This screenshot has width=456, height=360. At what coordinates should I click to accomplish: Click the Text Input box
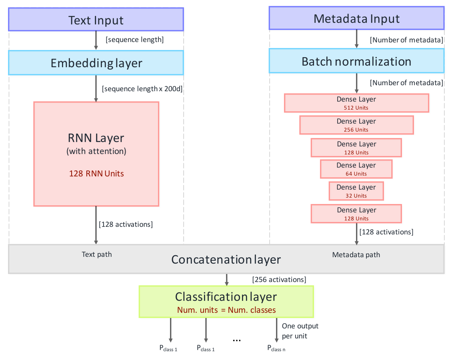96,20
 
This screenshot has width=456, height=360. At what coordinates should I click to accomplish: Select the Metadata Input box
356,18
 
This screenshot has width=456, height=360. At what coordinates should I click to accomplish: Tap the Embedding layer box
96,63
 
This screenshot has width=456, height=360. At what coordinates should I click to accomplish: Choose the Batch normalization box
356,61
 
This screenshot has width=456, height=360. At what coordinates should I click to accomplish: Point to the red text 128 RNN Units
96,174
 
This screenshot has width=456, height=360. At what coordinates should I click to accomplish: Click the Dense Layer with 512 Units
356,103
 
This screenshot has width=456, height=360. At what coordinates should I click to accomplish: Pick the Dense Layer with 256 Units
356,125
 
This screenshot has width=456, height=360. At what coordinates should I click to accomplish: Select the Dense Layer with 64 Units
356,169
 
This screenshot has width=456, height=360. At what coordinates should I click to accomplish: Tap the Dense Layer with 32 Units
356,191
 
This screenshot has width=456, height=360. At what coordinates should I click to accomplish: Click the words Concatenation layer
226,260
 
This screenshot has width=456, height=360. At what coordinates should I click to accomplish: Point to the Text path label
97,254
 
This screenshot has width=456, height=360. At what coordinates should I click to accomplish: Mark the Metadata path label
356,255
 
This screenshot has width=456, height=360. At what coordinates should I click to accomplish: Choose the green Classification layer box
226,302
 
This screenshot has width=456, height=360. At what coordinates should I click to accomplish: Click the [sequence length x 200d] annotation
142,89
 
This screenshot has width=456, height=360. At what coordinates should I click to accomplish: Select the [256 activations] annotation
279,280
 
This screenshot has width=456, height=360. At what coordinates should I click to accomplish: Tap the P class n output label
276,348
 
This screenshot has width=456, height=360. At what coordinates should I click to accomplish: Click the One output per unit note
300,331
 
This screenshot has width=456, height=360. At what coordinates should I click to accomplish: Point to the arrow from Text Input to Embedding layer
96,40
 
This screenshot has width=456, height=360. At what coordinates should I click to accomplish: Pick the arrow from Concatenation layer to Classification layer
226,280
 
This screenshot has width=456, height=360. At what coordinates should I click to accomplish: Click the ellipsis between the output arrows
237,340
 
